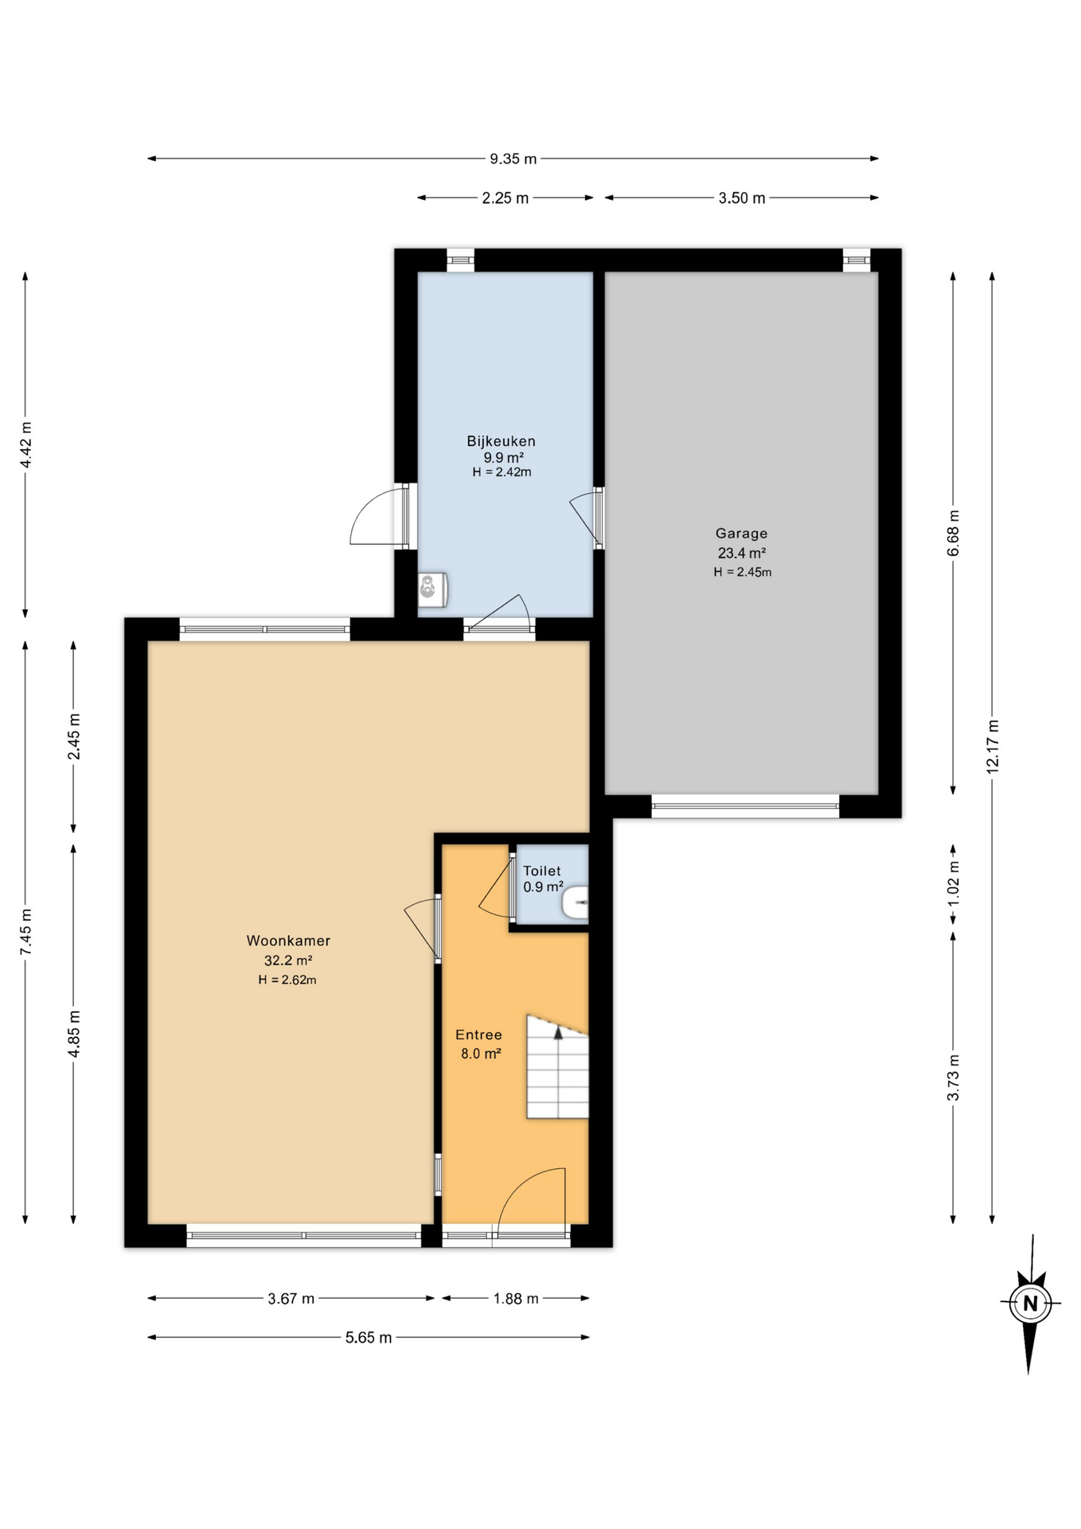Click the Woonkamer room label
click(x=288, y=940)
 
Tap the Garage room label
click(x=741, y=534)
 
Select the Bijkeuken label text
click(x=501, y=441)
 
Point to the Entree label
click(x=478, y=1034)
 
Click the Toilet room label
click(x=542, y=871)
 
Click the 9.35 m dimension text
click(x=513, y=158)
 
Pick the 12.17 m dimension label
click(x=993, y=746)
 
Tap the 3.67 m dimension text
click(x=291, y=1298)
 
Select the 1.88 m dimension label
click(x=516, y=1298)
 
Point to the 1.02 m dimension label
click(x=954, y=883)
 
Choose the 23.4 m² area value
click(x=742, y=553)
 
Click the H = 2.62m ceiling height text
click(x=287, y=980)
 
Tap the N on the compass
click(x=1030, y=1304)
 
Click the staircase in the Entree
click(x=557, y=1067)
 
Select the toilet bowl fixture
click(x=576, y=903)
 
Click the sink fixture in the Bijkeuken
click(x=433, y=590)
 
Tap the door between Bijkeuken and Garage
click(x=589, y=518)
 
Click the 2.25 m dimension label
click(x=505, y=197)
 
